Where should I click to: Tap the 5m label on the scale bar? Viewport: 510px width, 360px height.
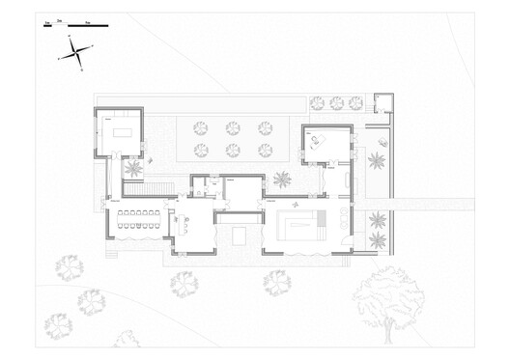pyautogui.click(x=88, y=18)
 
